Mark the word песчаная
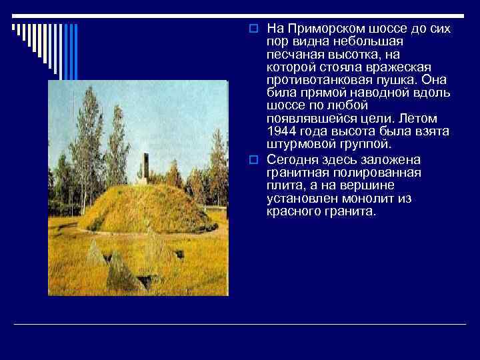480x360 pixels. tap(293, 55)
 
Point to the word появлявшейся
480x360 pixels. tap(304, 119)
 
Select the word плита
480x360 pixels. tap(281, 186)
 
